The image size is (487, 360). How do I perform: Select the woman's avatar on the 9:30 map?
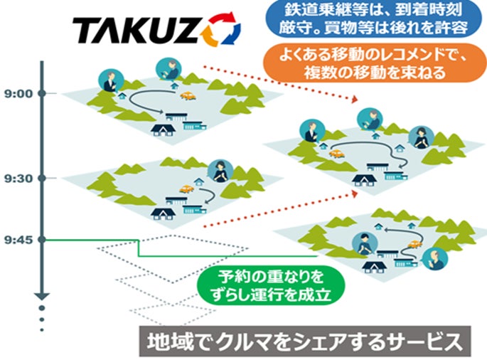pyautogui.click(x=220, y=170)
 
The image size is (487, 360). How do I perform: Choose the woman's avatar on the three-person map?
pyautogui.click(x=419, y=134)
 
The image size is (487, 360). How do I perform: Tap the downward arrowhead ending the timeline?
pyautogui.click(x=42, y=295)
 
